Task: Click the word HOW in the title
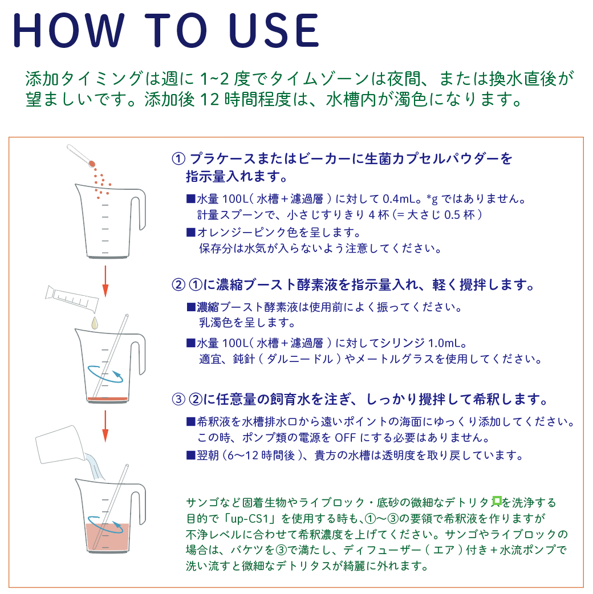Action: pos(68,30)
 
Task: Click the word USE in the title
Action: pos(274,30)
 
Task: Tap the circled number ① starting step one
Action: pos(178,158)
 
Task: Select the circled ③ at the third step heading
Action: pos(178,399)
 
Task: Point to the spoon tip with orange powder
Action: pos(91,164)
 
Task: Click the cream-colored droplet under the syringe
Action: pos(94,323)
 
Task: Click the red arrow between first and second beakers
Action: pos(105,281)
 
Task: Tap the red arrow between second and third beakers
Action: pos(105,426)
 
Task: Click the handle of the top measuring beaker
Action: pos(139,209)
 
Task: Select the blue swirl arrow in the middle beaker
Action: pos(105,374)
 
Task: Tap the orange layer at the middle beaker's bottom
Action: pos(108,399)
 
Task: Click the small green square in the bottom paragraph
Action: pos(497,501)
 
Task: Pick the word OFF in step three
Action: pos(345,438)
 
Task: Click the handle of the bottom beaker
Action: pos(139,505)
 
